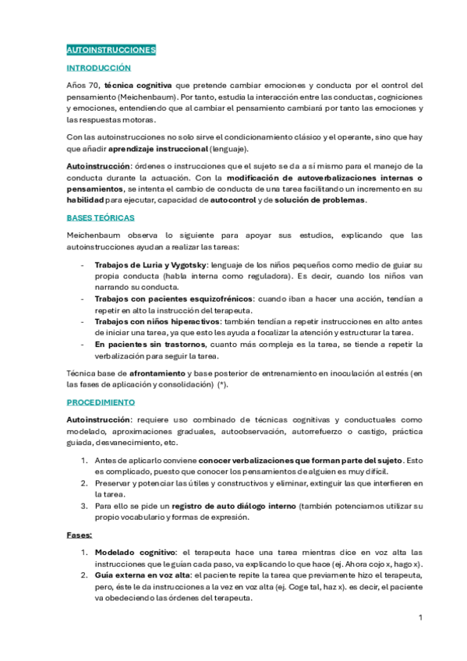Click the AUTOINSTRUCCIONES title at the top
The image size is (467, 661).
tap(111, 50)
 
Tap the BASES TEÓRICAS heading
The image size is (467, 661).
tap(101, 217)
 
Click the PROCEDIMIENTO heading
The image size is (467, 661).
tap(101, 402)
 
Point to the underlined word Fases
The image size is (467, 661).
tap(80, 535)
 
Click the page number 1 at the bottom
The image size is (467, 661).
tap(420, 618)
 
